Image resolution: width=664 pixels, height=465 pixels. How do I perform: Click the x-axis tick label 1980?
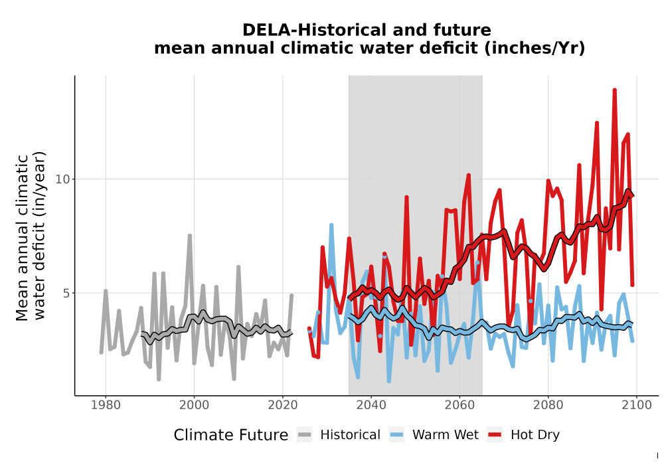(106, 405)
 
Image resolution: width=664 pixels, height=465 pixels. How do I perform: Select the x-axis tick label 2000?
(194, 405)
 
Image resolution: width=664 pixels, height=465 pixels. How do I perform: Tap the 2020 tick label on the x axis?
(282, 405)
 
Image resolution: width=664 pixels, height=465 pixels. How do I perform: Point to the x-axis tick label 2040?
(371, 405)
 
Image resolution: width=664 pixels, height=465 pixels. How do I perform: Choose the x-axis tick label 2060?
(459, 405)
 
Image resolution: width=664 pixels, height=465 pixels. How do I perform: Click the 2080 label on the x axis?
(548, 405)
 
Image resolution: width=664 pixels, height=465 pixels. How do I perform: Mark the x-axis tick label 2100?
(637, 405)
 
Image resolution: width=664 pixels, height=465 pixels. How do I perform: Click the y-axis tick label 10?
(62, 179)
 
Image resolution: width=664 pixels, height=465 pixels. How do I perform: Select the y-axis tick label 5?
(66, 293)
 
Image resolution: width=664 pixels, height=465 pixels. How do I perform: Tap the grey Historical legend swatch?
(304, 435)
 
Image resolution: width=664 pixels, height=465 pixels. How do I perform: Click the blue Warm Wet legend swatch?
(396, 435)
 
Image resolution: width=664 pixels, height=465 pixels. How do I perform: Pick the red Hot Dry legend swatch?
(495, 435)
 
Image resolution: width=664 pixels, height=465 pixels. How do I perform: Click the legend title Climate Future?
(231, 435)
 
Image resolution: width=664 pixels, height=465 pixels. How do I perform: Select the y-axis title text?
(31, 237)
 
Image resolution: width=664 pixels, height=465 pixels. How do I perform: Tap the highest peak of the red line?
(614, 90)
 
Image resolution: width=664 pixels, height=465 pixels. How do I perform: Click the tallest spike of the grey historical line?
(190, 235)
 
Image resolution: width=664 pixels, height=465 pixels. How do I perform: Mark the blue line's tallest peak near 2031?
(331, 225)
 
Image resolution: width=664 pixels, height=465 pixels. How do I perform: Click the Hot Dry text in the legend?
(535, 435)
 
